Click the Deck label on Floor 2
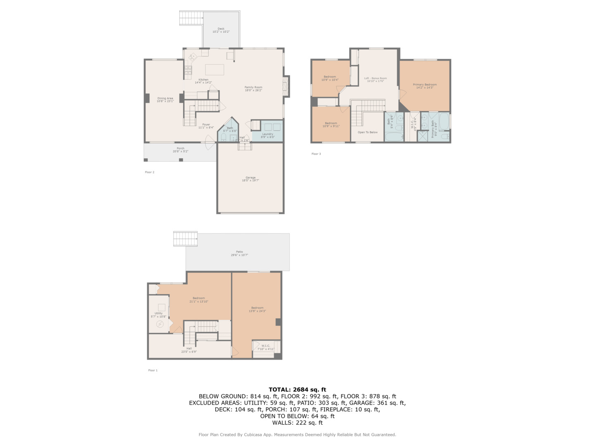tap(221, 29)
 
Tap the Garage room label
tap(250, 178)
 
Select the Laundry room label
tap(267, 134)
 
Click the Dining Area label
tap(165, 99)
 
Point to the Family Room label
tap(253, 87)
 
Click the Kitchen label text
tap(203, 80)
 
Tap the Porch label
tap(181, 149)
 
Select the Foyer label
tap(206, 125)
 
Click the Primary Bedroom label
tap(425, 84)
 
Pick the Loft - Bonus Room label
tap(375, 78)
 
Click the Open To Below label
tap(367, 132)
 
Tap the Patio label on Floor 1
tap(239, 252)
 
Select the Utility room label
tap(159, 313)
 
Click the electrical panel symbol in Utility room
tap(160, 324)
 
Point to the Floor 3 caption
tap(316, 154)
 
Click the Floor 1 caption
tap(153, 370)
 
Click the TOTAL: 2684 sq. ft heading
tap(297, 389)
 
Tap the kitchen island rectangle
tap(214, 70)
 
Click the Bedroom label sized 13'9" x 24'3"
tap(257, 308)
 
